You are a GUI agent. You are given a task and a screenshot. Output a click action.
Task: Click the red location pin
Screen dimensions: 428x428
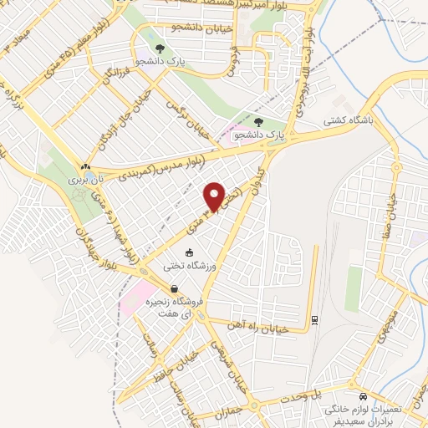(215, 196)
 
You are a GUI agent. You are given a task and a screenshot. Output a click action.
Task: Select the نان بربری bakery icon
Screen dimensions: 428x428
(86, 166)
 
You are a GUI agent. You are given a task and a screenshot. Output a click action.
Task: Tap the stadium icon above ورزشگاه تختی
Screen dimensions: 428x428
(189, 252)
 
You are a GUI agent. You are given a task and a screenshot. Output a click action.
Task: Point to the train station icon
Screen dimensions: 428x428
(313, 318)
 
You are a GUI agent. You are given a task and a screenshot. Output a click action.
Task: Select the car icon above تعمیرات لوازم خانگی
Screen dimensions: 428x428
(362, 395)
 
